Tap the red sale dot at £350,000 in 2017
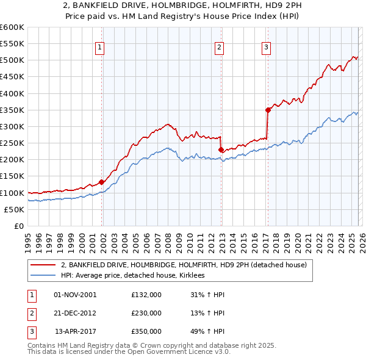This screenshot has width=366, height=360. tap(268, 110)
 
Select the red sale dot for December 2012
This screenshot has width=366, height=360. tap(221, 149)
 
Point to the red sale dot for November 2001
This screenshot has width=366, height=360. tap(101, 182)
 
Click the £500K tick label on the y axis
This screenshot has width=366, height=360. tap(12, 60)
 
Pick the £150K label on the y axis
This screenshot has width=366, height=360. tap(12, 176)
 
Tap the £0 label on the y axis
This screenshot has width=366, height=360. tap(18, 226)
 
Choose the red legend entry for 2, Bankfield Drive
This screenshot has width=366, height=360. tap(187, 265)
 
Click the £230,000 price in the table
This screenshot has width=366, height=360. tap(146, 313)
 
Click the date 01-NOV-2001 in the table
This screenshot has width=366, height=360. tap(75, 295)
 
